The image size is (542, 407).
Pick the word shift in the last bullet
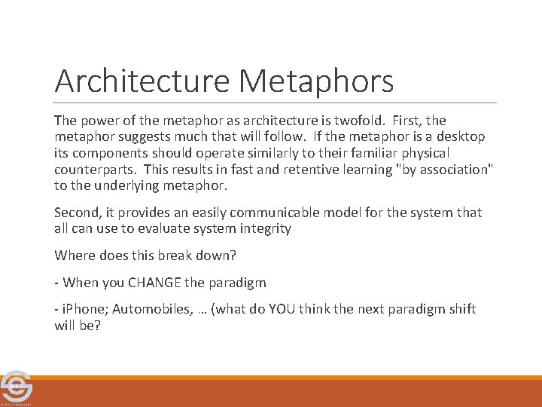(x=460, y=310)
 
